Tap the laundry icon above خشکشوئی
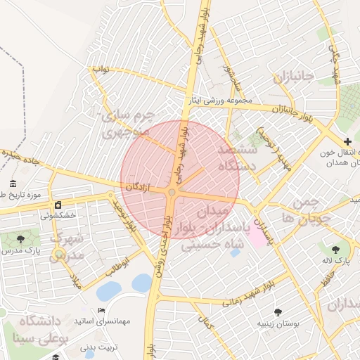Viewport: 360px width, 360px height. pyautogui.click(x=58, y=205)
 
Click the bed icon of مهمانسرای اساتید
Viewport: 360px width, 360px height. pyautogui.click(x=102, y=310)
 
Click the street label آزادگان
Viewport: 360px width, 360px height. pyautogui.click(x=139, y=186)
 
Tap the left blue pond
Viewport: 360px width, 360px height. pyautogui.click(x=109, y=290)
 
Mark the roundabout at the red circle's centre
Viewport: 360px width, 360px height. pyautogui.click(x=172, y=192)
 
